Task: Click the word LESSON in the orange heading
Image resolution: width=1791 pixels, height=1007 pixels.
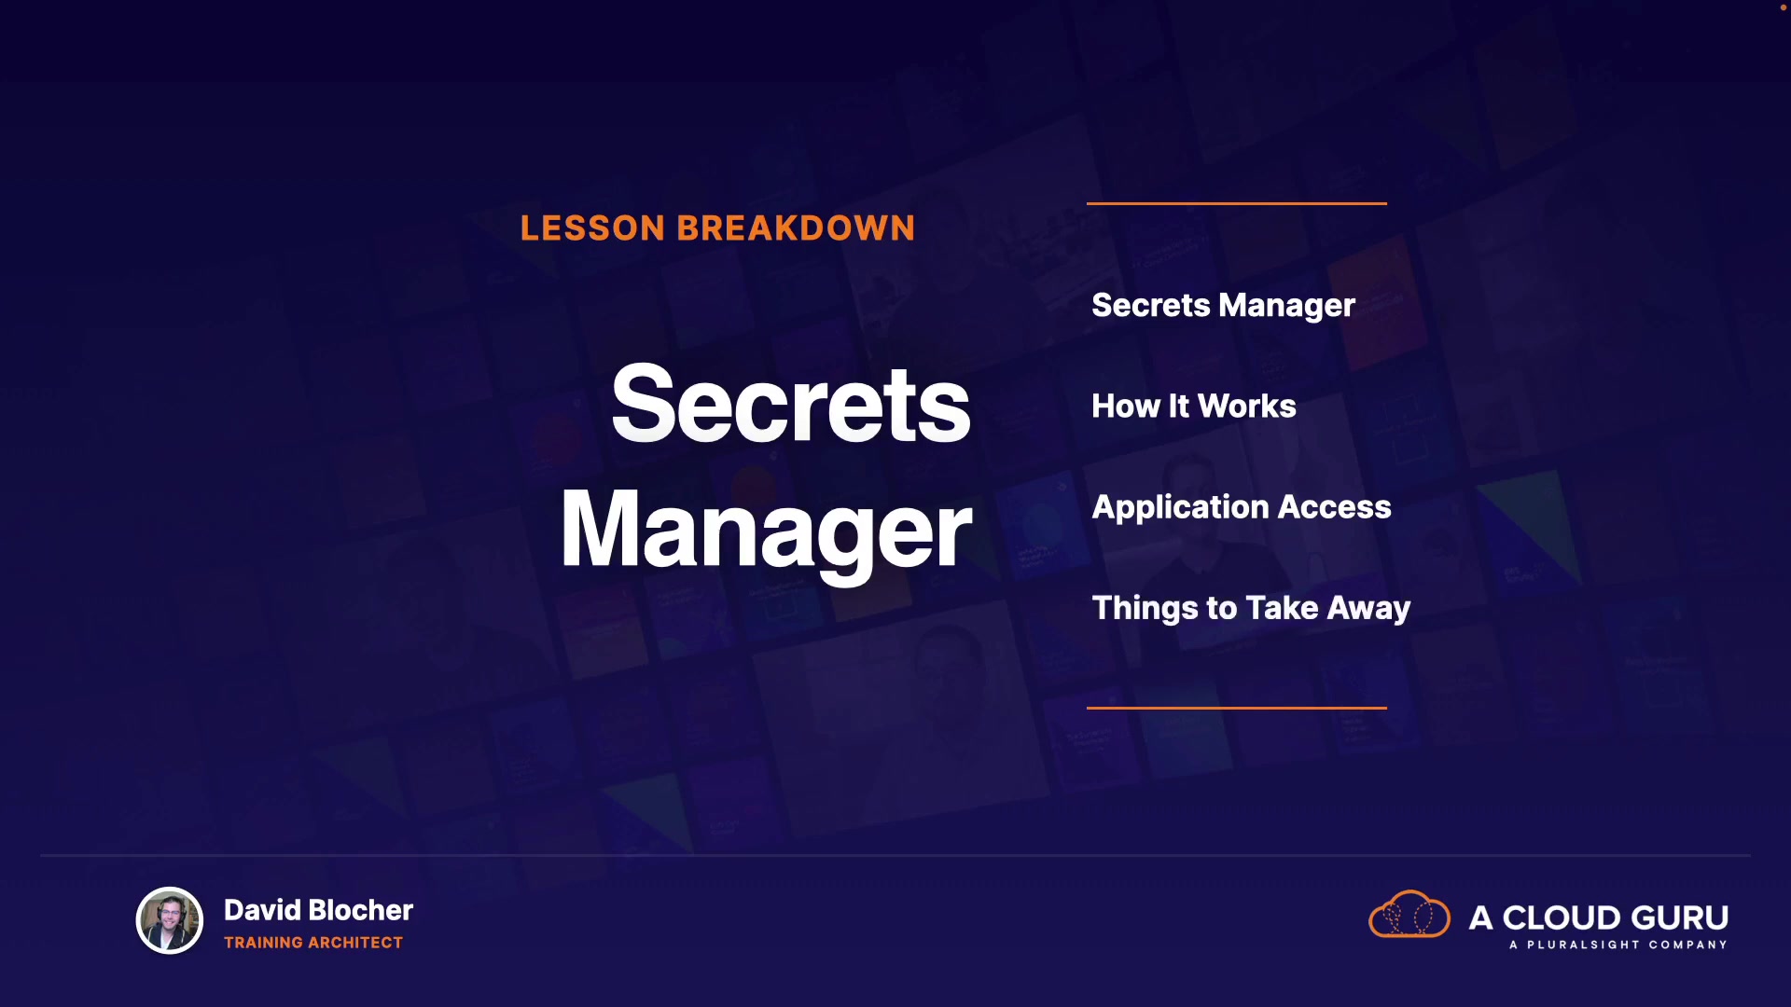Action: (x=592, y=228)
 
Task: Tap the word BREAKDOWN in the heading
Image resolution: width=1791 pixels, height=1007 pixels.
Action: (x=796, y=228)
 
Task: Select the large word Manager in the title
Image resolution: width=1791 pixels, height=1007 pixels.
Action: (x=766, y=531)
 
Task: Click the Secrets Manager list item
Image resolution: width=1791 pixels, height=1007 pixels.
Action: (x=1223, y=306)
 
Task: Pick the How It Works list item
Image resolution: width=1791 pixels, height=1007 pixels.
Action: (x=1194, y=407)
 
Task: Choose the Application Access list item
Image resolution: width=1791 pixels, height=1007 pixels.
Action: (x=1242, y=508)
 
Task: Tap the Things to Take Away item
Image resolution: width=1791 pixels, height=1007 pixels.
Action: (x=1251, y=609)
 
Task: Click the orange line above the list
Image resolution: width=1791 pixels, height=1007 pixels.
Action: (x=1237, y=203)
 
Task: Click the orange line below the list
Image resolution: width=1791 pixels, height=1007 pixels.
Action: (x=1237, y=708)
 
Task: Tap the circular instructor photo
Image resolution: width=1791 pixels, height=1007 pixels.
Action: (x=170, y=920)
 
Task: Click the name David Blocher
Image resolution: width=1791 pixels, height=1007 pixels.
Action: (x=318, y=910)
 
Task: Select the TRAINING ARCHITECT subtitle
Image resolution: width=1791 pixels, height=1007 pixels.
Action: (x=313, y=943)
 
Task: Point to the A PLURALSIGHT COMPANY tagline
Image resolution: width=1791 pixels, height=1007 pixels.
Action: (x=1618, y=945)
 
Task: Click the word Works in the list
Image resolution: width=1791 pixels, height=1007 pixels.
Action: (x=1247, y=407)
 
